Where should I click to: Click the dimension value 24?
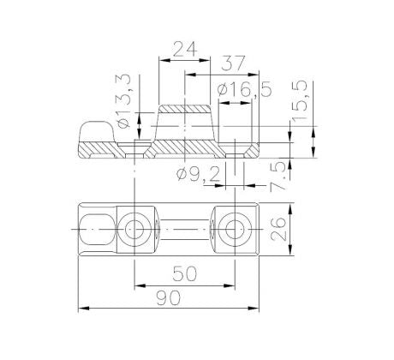pos(185,49)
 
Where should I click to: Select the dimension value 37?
pos(233,63)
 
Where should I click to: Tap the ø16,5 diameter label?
pos(244,90)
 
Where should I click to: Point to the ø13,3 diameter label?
pos(123,101)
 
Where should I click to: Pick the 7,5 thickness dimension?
pos(278,177)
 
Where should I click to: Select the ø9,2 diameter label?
pos(199,174)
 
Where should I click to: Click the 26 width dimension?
pos(278,230)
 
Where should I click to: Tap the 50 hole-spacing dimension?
pos(185,273)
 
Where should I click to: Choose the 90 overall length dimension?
pos(169,297)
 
